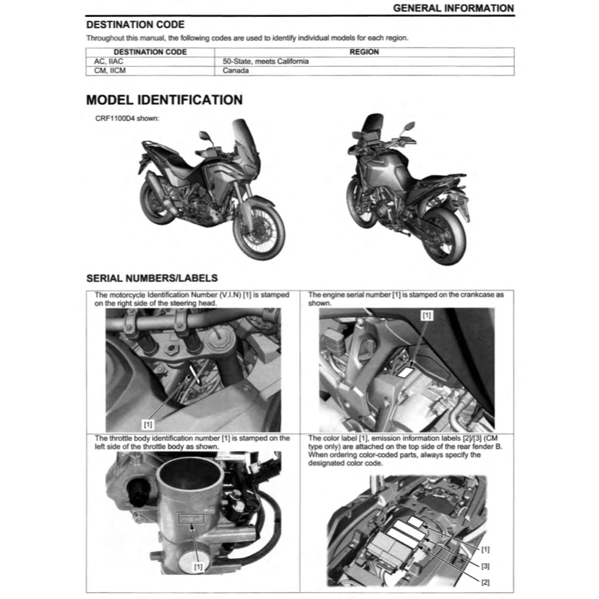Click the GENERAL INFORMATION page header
453,8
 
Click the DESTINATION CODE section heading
135,25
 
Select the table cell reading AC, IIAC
109,61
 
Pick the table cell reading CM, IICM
110,71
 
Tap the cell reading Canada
236,71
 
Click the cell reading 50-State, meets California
266,61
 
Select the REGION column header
364,51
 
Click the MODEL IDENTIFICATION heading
164,100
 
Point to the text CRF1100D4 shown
127,118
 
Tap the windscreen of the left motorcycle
245,143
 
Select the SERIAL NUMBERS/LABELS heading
152,278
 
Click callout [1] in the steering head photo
148,423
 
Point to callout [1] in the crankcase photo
427,315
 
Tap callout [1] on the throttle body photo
198,566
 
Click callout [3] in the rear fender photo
486,566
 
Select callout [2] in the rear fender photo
486,582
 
